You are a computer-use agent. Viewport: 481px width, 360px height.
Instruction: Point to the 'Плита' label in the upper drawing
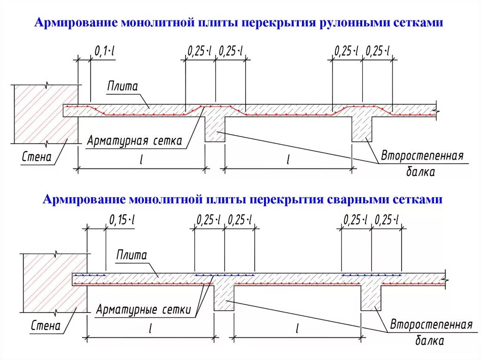point(122,86)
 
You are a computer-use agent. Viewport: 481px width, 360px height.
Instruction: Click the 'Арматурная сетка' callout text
point(134,141)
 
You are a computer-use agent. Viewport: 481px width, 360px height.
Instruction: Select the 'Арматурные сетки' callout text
point(143,310)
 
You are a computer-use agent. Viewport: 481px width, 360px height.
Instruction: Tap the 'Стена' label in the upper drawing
point(36,157)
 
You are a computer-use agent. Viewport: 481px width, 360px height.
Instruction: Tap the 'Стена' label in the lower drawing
point(46,325)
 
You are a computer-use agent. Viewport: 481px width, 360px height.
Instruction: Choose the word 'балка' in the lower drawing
point(429,340)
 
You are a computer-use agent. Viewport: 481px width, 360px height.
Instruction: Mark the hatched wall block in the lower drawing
point(54,283)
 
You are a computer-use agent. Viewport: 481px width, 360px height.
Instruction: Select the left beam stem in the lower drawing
point(224,297)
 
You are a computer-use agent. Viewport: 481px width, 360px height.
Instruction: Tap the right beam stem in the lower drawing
point(371,297)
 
